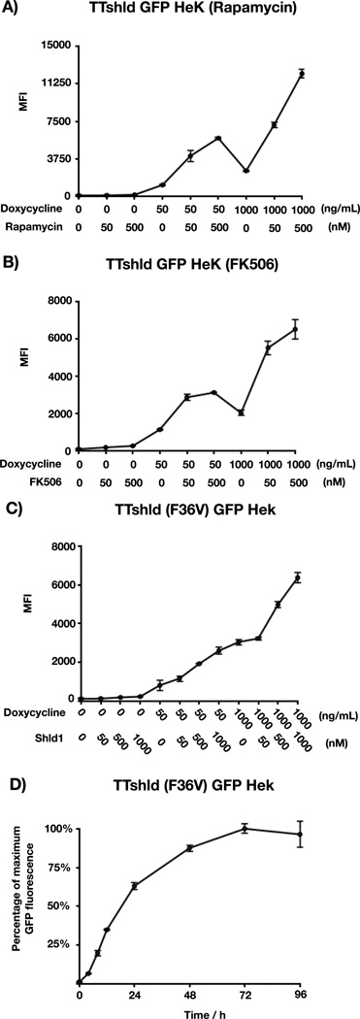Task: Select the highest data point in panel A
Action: coord(303,73)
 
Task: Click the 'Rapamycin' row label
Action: coord(34,226)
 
